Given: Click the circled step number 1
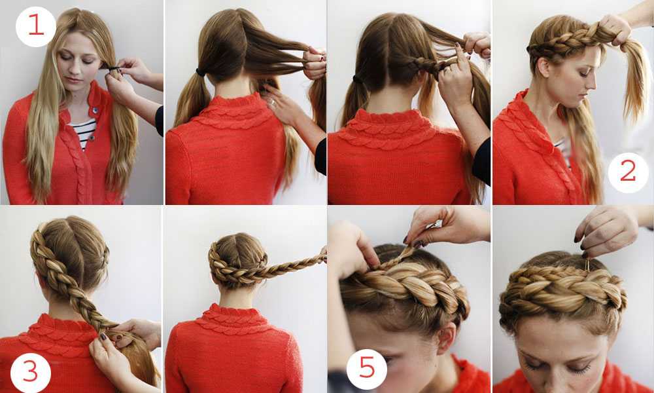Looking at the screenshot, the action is click(x=35, y=26).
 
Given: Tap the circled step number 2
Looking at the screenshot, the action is click(x=628, y=172).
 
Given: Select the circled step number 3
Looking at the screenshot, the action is click(x=31, y=371).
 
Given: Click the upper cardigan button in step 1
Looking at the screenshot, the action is click(x=95, y=110).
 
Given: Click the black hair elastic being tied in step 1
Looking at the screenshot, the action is click(x=113, y=68).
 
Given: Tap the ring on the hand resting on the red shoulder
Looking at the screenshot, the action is click(x=271, y=102).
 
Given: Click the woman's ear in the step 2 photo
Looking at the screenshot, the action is click(x=543, y=67).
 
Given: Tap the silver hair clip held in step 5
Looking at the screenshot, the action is click(x=432, y=225).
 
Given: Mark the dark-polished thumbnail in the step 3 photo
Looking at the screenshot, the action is click(x=103, y=336).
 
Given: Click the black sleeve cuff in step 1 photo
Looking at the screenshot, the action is click(x=160, y=121).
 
